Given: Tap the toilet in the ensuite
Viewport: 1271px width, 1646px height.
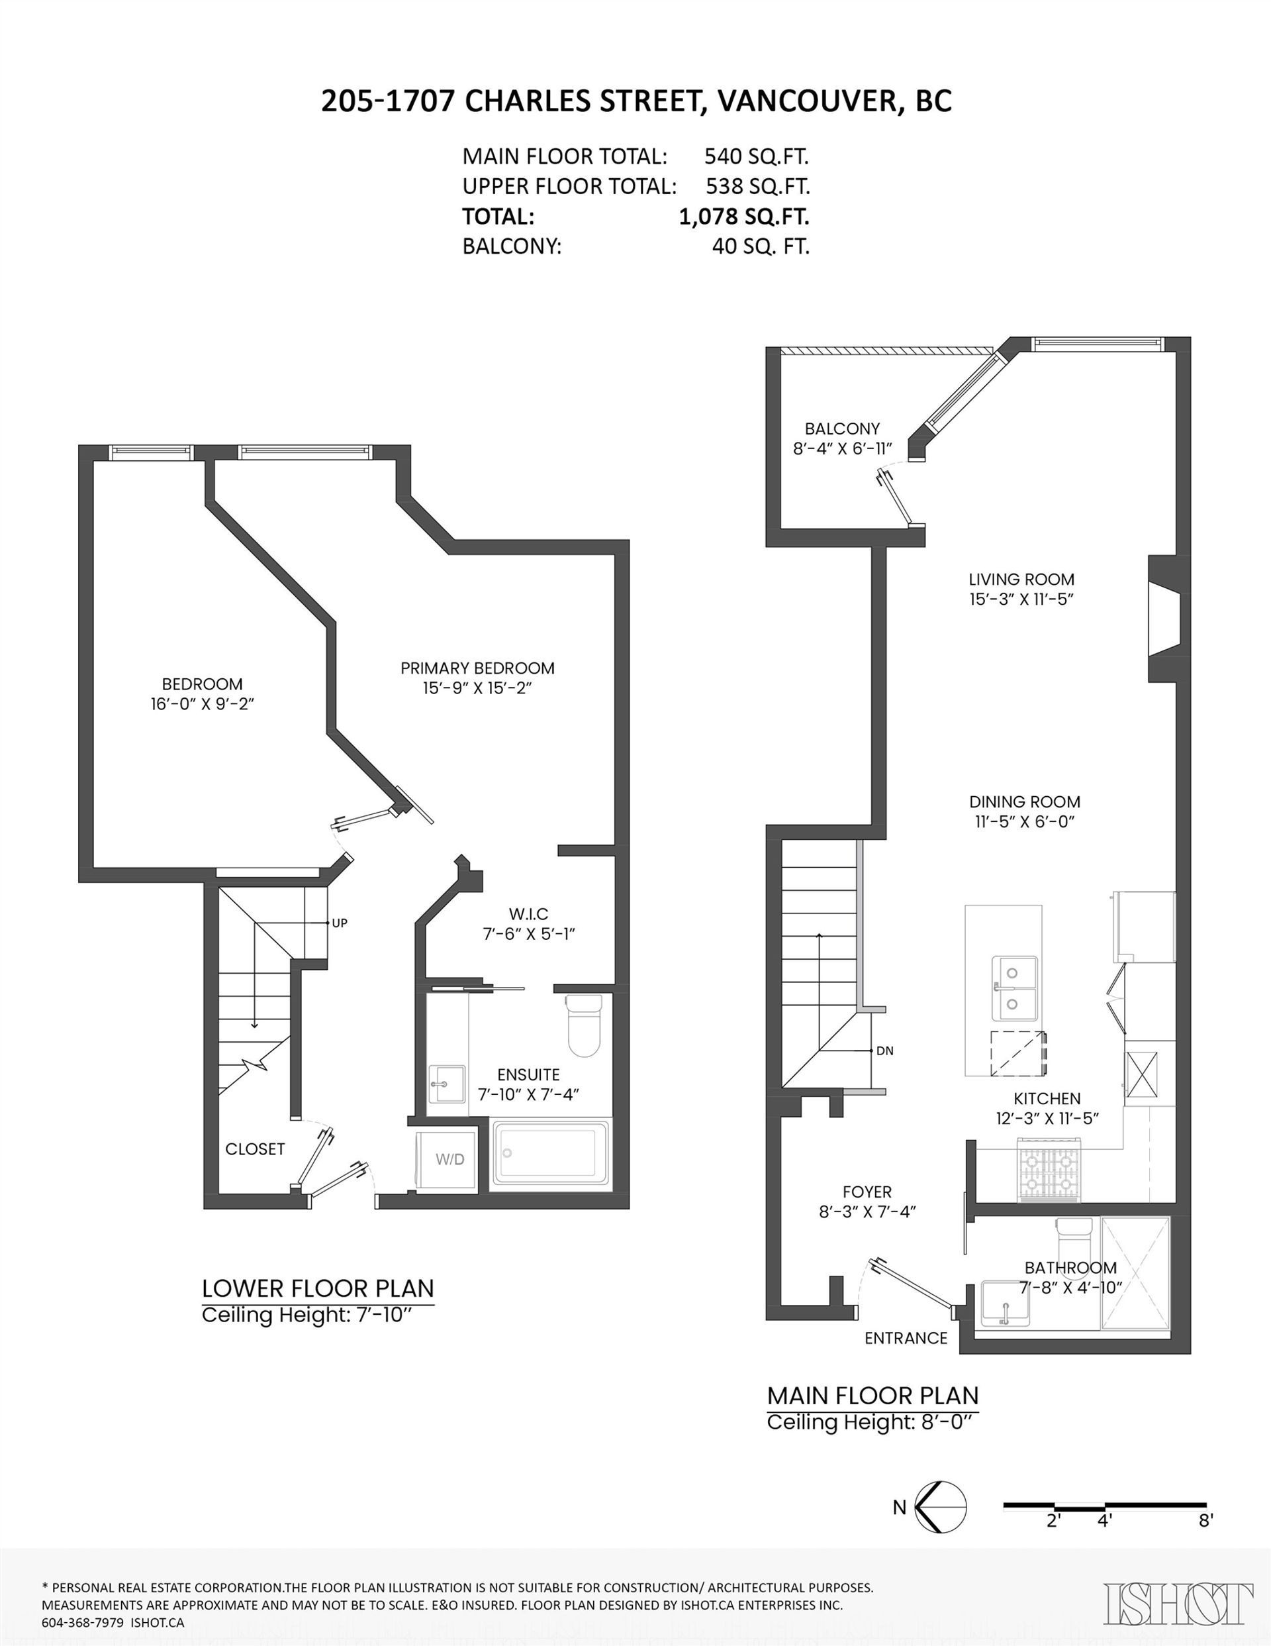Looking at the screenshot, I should click(x=583, y=1027).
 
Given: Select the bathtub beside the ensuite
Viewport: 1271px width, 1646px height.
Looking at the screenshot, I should click(x=551, y=1154).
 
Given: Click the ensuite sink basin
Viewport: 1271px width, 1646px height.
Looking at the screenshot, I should click(x=446, y=1084).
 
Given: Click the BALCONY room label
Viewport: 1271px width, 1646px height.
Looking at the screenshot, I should click(x=841, y=429).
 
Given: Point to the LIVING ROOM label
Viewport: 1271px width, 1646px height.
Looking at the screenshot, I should click(x=1021, y=580).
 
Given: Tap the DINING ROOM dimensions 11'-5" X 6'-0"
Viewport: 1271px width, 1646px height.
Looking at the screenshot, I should click(x=1025, y=821).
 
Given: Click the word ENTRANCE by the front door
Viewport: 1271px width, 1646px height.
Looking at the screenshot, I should click(x=906, y=1338).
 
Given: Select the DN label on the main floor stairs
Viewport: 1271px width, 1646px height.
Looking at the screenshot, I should click(x=884, y=1051).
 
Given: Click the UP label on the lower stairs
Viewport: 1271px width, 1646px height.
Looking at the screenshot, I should click(x=339, y=923).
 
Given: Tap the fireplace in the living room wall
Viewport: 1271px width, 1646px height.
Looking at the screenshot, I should click(x=1162, y=619).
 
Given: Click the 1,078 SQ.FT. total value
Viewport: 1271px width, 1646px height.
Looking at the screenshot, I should click(x=743, y=217).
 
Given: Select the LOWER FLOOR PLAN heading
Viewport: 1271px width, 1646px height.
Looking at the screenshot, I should click(x=317, y=1288).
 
